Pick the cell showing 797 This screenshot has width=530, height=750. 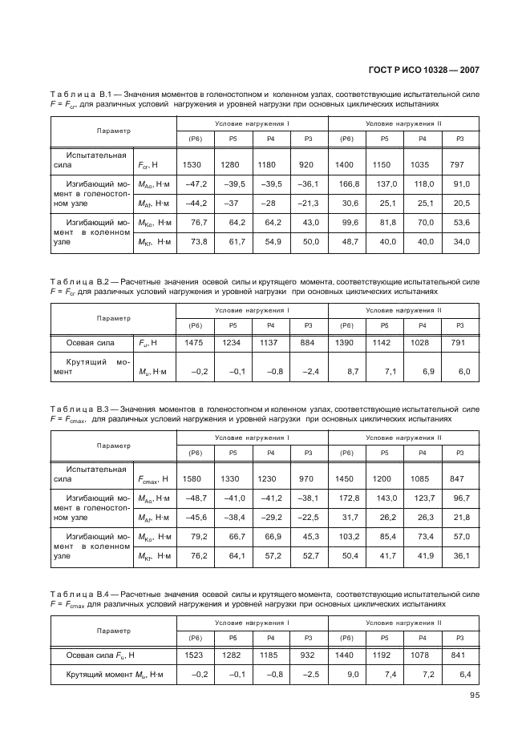[x=458, y=164]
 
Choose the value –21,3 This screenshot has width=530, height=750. [x=306, y=204]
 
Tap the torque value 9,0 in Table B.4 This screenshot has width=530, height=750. [x=349, y=675]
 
